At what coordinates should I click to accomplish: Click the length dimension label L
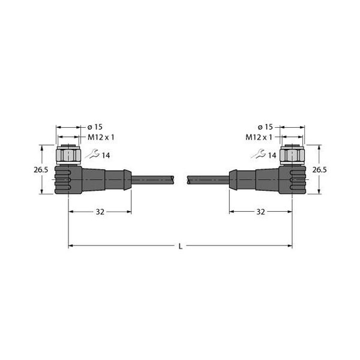click(x=180, y=246)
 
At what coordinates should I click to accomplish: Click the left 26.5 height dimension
click(x=40, y=170)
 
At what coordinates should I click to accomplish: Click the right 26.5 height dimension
click(x=320, y=170)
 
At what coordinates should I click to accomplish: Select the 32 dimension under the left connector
click(x=100, y=211)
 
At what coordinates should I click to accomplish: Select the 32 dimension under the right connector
click(x=260, y=211)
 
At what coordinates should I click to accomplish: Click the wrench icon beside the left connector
click(x=91, y=155)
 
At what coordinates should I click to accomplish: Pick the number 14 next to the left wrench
click(x=105, y=155)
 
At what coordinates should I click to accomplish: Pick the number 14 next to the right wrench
click(x=272, y=155)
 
